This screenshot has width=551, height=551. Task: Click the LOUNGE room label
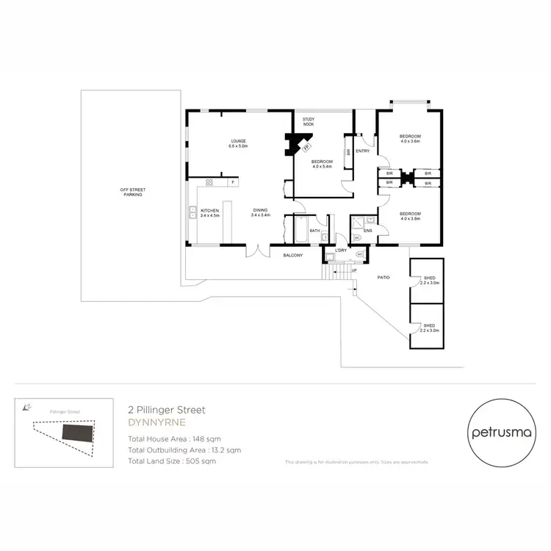click(x=237, y=141)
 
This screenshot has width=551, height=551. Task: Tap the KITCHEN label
click(x=209, y=211)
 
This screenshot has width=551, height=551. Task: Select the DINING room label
click(x=261, y=211)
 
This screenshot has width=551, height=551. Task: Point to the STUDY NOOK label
click(x=308, y=122)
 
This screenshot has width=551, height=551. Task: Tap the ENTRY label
click(x=362, y=151)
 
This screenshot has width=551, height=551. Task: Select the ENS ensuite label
click(x=367, y=231)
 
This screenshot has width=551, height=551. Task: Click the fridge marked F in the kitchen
click(x=233, y=182)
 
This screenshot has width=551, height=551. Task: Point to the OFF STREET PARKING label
click(x=132, y=192)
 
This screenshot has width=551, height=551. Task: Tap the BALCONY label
click(x=295, y=256)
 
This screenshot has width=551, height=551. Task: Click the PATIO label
click(x=383, y=277)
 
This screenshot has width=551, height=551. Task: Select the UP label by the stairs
click(x=356, y=270)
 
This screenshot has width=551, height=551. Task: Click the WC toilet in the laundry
click(x=359, y=255)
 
